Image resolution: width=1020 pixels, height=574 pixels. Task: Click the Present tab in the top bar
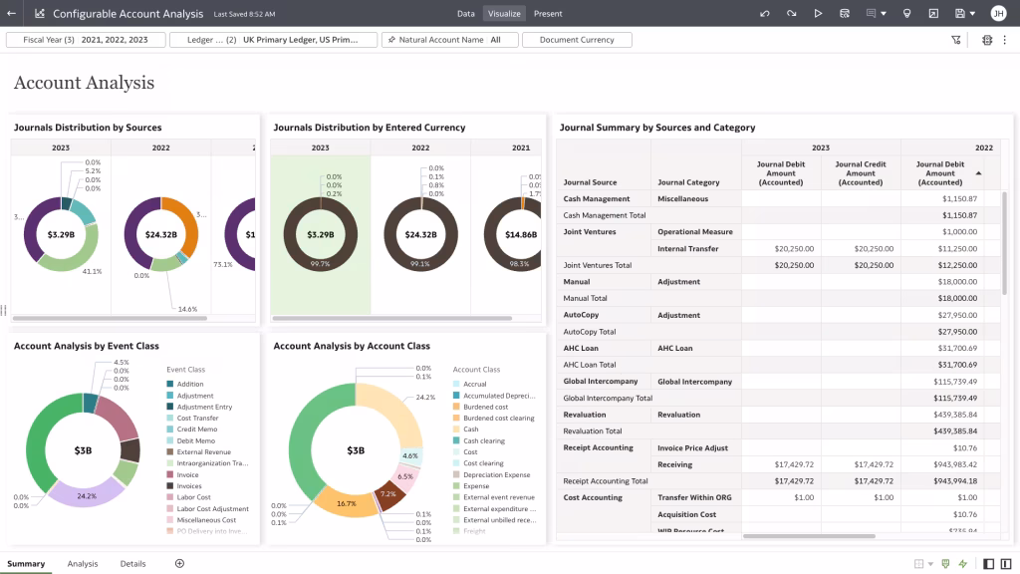tap(548, 14)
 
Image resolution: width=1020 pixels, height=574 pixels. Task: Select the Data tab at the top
tap(465, 14)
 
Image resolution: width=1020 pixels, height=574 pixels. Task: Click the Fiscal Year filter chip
tap(85, 40)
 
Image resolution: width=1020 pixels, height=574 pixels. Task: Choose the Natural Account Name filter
tap(449, 40)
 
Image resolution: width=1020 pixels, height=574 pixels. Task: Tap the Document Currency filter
tap(577, 40)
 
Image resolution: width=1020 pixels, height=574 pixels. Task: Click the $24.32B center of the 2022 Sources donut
tap(161, 235)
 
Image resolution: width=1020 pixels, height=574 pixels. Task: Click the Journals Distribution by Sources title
tap(88, 128)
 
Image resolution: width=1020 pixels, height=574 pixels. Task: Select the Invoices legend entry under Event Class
tap(189, 486)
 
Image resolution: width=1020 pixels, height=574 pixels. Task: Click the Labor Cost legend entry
tap(193, 497)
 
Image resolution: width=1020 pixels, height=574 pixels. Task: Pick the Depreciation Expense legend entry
tap(496, 474)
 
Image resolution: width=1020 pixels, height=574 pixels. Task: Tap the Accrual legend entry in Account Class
tap(474, 384)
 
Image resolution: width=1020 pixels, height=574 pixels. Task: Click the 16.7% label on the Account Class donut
tap(347, 503)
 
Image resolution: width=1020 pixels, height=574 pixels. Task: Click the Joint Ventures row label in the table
tap(590, 232)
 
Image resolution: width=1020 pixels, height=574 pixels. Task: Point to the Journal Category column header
tap(688, 182)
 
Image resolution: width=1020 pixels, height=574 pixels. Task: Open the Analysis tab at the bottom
tap(83, 564)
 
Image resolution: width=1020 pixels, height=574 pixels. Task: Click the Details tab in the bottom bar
tap(133, 564)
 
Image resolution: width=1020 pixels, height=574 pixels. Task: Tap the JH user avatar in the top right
tap(998, 14)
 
